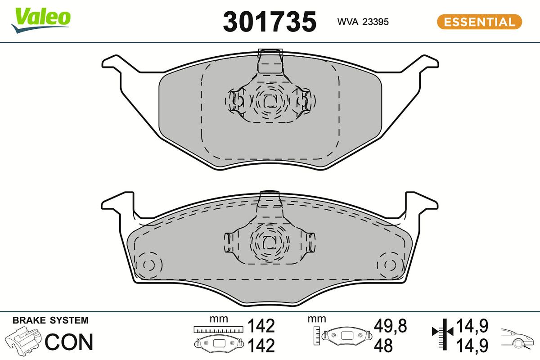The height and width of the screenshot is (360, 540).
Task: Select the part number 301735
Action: point(270,22)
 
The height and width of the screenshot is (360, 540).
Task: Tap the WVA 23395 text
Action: point(363,22)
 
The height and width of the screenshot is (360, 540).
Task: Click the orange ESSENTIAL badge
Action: point(479,22)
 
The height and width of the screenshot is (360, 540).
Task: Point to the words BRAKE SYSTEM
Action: point(50,320)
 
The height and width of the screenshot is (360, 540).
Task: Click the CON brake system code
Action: point(69,342)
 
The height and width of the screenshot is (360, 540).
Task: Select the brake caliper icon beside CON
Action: point(23,341)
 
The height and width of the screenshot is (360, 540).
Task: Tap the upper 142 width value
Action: point(261,325)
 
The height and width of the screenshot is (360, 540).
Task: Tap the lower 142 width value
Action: point(261,346)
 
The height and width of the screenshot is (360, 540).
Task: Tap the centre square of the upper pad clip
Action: point(270,102)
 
